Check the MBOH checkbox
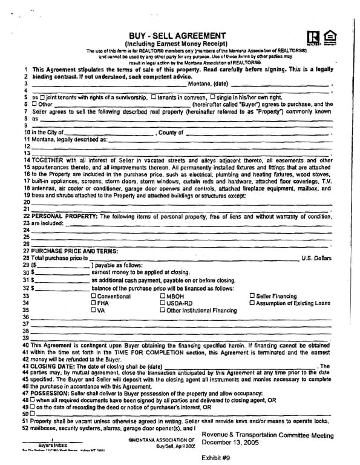pos(163,296)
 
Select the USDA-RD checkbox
pos(163,303)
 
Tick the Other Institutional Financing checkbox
pos(163,310)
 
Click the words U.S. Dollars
pos(316,258)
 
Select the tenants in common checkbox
pos(154,97)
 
